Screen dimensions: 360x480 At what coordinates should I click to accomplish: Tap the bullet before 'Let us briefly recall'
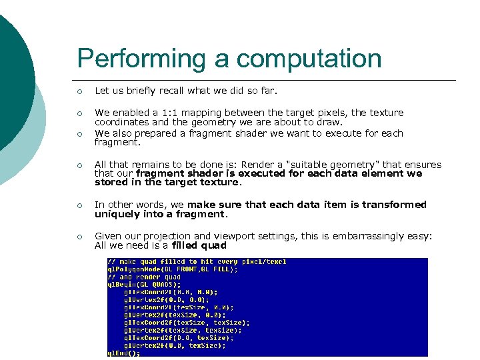click(x=79, y=91)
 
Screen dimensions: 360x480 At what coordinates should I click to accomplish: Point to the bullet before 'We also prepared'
click(x=79, y=133)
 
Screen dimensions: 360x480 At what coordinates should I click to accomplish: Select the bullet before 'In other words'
click(x=79, y=205)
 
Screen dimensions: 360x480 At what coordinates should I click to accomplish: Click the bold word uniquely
click(x=117, y=214)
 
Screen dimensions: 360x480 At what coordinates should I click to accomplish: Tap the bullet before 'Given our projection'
click(x=79, y=236)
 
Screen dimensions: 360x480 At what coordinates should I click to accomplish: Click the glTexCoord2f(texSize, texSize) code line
click(x=187, y=322)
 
